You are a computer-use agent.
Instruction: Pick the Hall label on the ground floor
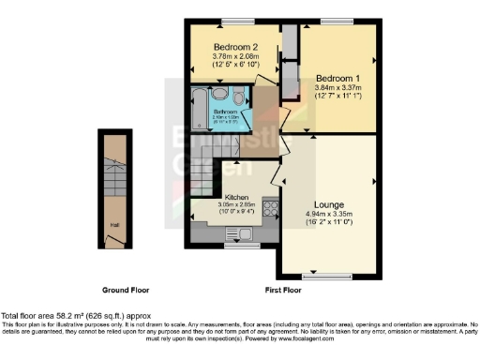pos(114,225)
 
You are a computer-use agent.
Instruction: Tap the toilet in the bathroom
pos(240,97)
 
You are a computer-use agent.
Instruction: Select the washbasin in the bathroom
pos(218,95)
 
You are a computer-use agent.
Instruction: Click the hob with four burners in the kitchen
pos(268,209)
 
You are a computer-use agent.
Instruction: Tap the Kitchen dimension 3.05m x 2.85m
pos(236,205)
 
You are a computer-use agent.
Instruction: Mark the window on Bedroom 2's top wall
pos(232,21)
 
